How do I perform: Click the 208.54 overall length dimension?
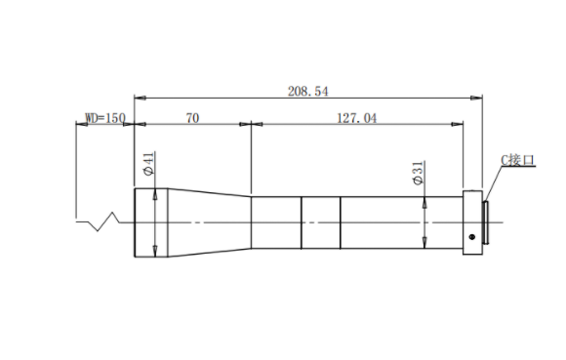pos(308,92)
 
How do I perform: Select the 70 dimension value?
pos(192,118)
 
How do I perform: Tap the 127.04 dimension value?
pos(356,118)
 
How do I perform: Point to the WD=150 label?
pos(105,118)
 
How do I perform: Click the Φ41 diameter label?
pos(148,164)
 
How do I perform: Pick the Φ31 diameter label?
pos(418,173)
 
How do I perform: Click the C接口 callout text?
pos(517,160)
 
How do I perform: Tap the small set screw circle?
pos(471,237)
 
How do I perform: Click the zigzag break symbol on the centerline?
pos(99,221)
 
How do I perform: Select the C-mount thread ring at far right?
pos(486,221)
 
